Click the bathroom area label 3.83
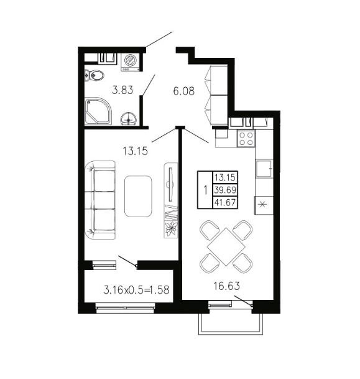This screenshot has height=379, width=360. pos(122,90)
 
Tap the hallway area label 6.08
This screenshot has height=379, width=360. pos(184,91)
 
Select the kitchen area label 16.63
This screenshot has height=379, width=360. pos(226,286)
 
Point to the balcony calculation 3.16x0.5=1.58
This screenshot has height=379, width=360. pos(136,290)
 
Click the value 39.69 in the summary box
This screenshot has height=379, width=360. pos(225,190)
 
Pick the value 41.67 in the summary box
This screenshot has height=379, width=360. pos(225,202)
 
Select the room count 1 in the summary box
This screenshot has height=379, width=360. pos(205,190)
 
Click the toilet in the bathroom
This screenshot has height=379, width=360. pos(94,75)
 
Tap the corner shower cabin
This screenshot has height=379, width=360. pos(98,111)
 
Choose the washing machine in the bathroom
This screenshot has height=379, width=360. pos(130,62)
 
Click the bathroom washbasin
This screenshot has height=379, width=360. pos(129,119)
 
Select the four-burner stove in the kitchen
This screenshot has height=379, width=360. pos(246,139)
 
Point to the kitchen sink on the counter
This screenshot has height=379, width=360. pos(264,169)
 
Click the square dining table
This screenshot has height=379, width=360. pos(226,247)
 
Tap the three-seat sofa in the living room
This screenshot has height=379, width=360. pos(100,200)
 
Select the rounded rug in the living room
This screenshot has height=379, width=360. pos(138,196)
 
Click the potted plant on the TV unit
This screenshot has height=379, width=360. pos(171,229)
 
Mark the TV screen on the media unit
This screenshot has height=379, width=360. pos(171,184)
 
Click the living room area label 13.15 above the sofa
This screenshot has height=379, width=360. pos(135,151)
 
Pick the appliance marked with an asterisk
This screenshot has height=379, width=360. pos(264,205)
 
